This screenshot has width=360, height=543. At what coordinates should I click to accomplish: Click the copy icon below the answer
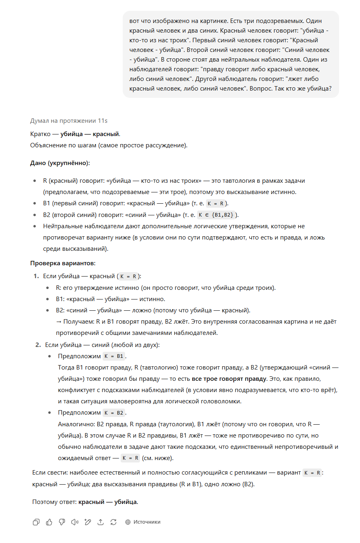(36, 522)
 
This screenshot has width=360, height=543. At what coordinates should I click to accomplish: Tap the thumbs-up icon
(49, 522)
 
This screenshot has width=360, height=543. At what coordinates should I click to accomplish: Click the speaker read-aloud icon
(75, 522)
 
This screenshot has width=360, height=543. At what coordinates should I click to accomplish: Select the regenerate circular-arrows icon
(113, 522)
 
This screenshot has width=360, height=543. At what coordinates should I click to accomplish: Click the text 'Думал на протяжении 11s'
(69, 121)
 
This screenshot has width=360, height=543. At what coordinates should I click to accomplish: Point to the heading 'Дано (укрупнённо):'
(60, 163)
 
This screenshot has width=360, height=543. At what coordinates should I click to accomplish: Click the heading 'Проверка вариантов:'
(63, 263)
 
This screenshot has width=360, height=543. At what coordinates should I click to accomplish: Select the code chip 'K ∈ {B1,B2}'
(216, 215)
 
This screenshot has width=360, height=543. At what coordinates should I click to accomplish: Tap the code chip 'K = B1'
(114, 356)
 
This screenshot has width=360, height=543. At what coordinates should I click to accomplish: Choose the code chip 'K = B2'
(114, 413)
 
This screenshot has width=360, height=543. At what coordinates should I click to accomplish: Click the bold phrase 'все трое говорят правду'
(229, 379)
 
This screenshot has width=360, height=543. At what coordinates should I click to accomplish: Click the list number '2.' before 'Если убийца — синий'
(38, 345)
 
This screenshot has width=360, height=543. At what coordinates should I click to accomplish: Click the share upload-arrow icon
(101, 522)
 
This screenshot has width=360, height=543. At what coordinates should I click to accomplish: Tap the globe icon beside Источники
(128, 522)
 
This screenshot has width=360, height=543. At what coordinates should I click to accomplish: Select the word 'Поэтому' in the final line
(43, 502)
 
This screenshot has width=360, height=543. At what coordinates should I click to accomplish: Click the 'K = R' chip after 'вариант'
(312, 473)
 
